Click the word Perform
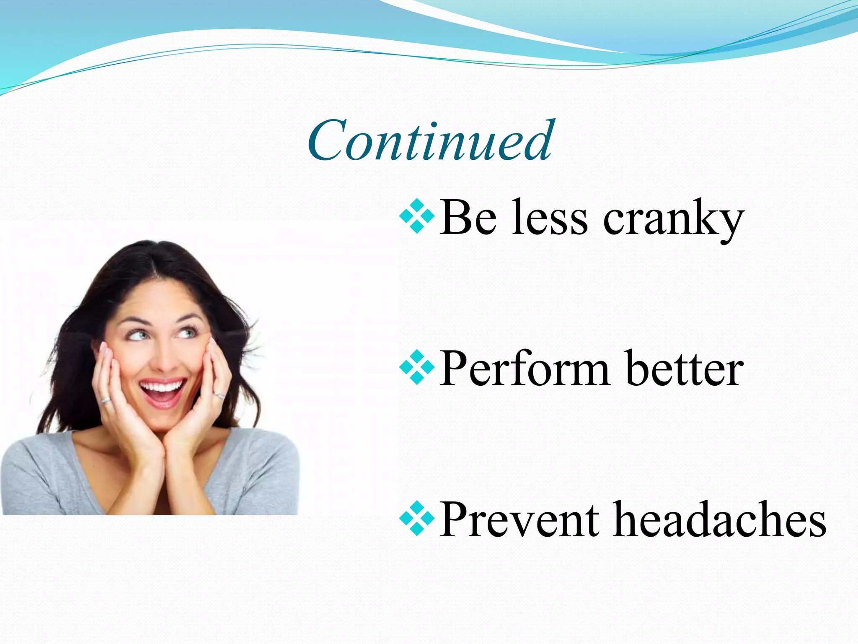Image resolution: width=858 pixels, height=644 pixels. pyautogui.click(x=524, y=369)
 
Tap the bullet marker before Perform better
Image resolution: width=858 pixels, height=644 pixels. pyautogui.click(x=416, y=367)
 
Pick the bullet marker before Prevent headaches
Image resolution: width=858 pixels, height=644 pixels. pyautogui.click(x=416, y=519)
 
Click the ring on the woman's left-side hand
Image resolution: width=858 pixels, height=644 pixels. pyautogui.click(x=106, y=399)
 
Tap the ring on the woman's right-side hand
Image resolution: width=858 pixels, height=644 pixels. pyautogui.click(x=220, y=395)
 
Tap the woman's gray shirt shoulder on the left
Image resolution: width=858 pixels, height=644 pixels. pyautogui.click(x=38, y=465)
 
